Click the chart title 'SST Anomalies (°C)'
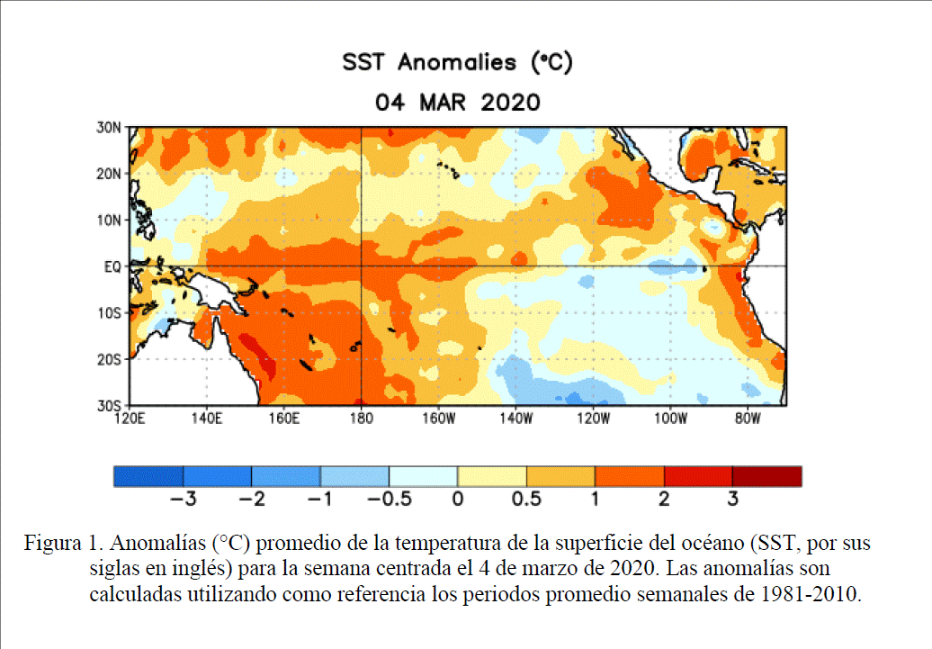[457, 63]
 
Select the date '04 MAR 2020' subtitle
[457, 102]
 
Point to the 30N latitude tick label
[108, 128]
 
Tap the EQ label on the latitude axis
[112, 266]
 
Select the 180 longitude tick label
[361, 419]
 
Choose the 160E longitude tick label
[284, 419]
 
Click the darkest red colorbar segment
[766, 476]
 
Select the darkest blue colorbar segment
[148, 476]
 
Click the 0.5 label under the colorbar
[526, 498]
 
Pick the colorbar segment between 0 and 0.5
[492, 476]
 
